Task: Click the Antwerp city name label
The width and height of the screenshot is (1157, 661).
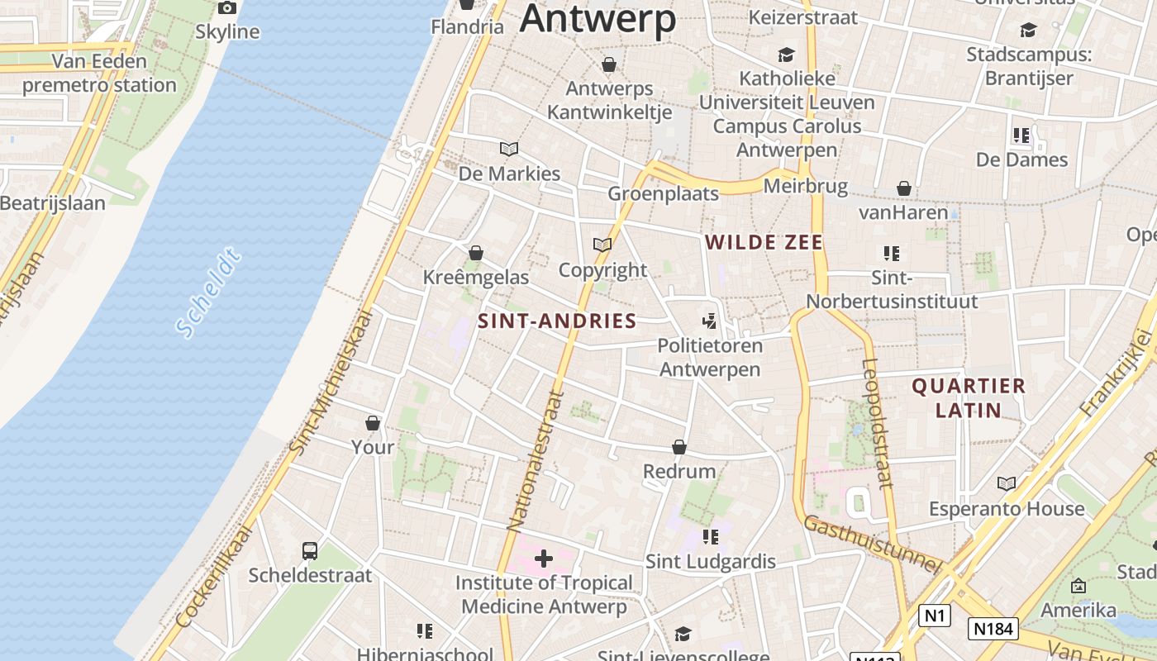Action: (x=598, y=18)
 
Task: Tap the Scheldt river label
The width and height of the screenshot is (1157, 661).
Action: (x=209, y=292)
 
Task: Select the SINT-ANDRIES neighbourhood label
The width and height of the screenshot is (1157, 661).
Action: (x=557, y=321)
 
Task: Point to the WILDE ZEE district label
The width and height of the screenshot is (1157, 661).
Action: (x=764, y=242)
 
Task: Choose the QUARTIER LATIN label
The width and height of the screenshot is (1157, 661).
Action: (x=968, y=397)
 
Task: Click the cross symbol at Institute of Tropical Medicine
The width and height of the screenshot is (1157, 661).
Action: (x=543, y=559)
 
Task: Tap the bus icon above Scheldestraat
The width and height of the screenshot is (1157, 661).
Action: (x=310, y=550)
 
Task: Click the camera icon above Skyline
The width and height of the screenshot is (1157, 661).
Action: (x=227, y=8)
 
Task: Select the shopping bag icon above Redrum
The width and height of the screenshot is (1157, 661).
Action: (x=679, y=447)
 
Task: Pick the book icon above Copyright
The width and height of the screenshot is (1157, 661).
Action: (x=602, y=245)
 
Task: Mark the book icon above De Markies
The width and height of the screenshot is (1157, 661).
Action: (x=509, y=150)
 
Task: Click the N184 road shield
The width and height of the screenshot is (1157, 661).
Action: (x=993, y=629)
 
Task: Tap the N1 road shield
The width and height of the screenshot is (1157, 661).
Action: (x=934, y=616)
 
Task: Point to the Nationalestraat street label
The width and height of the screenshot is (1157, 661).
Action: (x=535, y=460)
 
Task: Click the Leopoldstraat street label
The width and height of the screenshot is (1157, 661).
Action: (x=878, y=423)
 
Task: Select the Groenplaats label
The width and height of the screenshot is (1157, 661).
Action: (x=664, y=193)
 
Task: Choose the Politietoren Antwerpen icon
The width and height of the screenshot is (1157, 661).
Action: (x=709, y=321)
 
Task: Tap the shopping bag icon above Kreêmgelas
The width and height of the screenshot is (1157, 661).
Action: (x=475, y=253)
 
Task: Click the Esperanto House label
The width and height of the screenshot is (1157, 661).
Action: (x=1007, y=509)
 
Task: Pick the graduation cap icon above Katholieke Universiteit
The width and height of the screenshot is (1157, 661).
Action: (x=786, y=55)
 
